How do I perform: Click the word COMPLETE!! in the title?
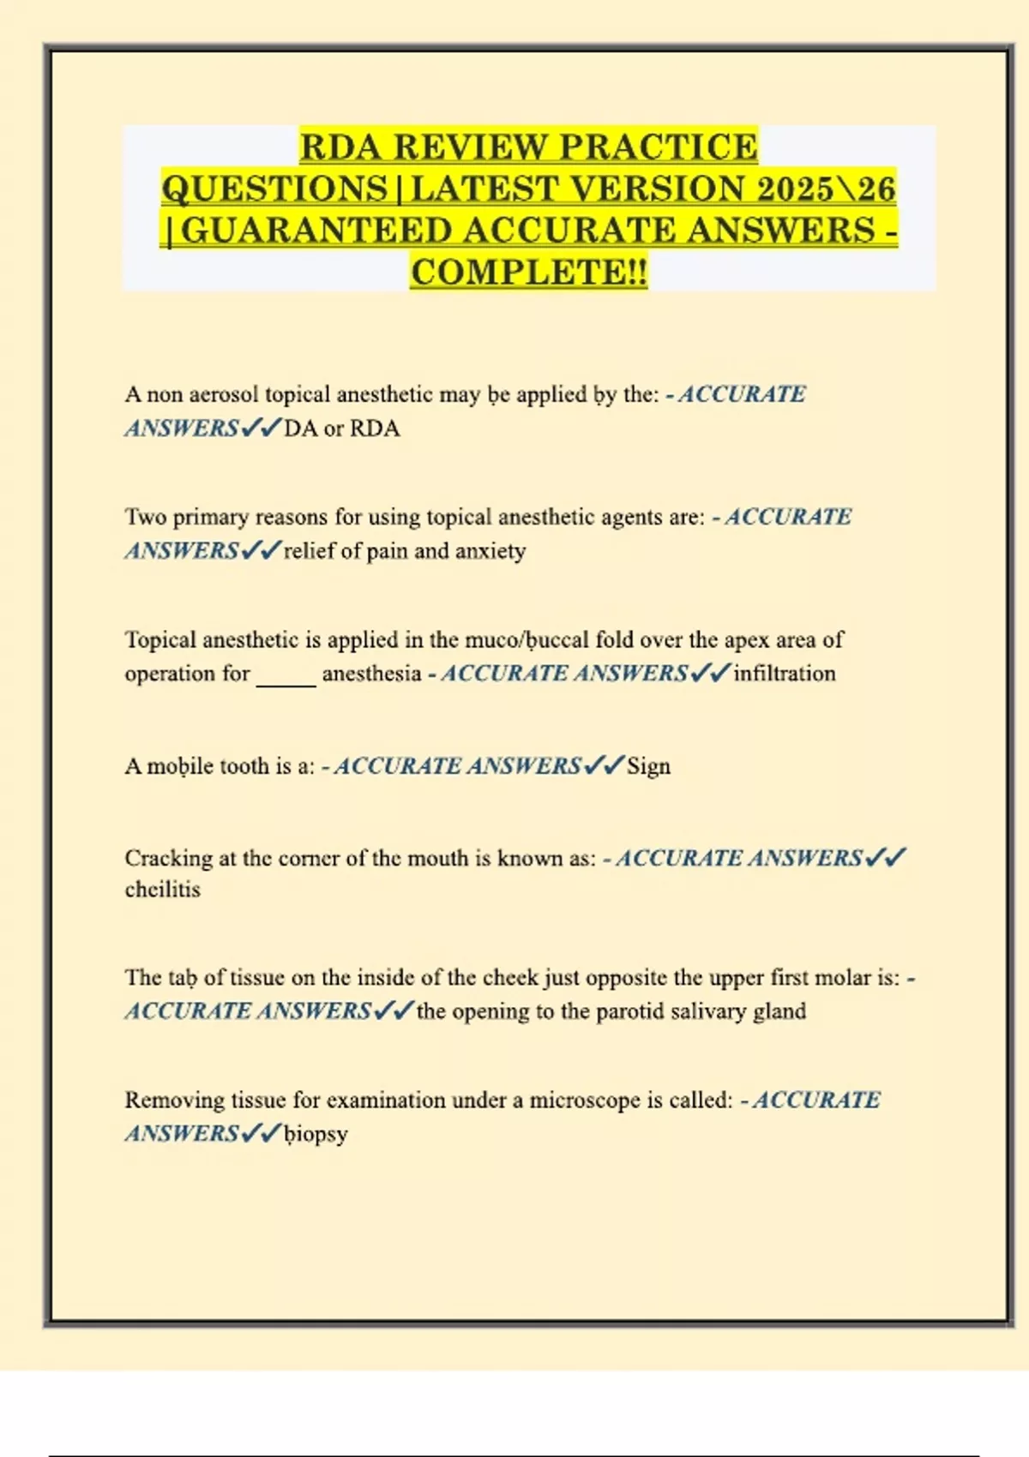point(529,272)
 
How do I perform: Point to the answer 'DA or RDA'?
point(341,428)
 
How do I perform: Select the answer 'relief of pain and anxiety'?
point(405,550)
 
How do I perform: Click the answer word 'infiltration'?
point(784,673)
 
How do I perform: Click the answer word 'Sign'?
point(648,765)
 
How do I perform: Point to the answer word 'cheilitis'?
point(163,890)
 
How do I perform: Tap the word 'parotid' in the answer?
point(629,1011)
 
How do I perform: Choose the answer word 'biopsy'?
point(316,1134)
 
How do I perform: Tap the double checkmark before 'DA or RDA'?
point(261,428)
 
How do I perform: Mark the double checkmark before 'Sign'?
point(604,765)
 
